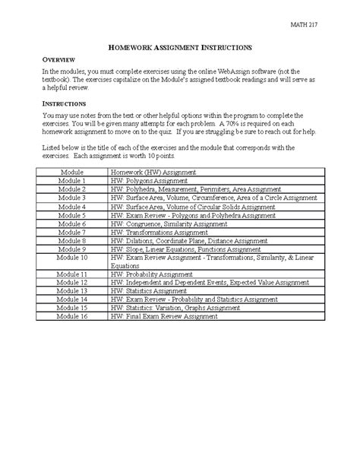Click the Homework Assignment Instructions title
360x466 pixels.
tap(179, 47)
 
